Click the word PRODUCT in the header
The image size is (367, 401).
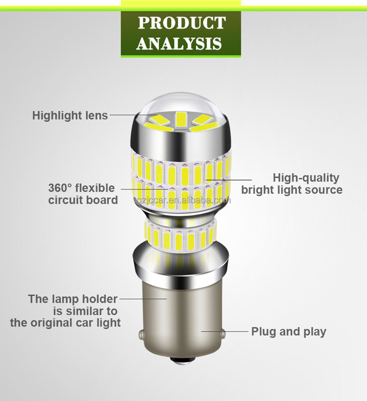[x=181, y=23]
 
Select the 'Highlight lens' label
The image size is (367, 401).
[x=70, y=115]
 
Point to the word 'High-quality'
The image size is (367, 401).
[x=306, y=178]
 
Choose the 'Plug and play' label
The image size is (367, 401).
[x=289, y=332]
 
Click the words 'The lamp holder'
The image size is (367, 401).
[x=73, y=299]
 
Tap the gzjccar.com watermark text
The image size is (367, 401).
[x=184, y=200]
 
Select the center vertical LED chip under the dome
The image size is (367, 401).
[x=181, y=119]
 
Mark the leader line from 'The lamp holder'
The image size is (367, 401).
[x=142, y=299]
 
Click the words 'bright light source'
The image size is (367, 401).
[x=291, y=190]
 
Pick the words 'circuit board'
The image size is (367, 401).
[x=83, y=200]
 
